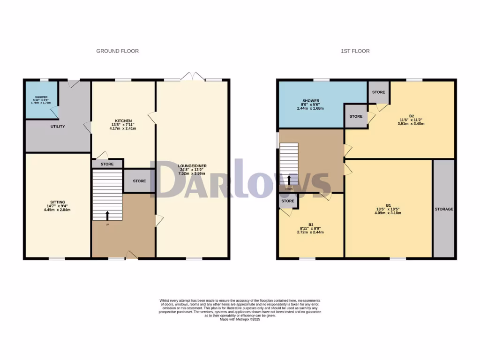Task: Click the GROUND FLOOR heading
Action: pos(117,51)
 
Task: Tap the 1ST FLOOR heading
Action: pos(355,51)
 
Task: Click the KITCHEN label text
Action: pos(123,120)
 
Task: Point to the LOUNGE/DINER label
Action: pos(192,166)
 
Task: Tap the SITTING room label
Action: pos(58,202)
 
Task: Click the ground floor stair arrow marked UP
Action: pos(107,216)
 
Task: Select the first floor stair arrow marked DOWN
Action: pos(289,180)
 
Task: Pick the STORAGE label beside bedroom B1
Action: pos(443,209)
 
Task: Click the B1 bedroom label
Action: pos(388,205)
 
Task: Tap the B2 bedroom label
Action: pos(412,116)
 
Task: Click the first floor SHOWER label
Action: pos(311,101)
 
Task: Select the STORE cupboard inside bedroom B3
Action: pos(288,201)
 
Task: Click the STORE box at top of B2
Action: pos(379,92)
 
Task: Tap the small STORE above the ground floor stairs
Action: pos(107,164)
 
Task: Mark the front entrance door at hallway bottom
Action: pos(131,255)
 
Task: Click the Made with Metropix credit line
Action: pos(240,319)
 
